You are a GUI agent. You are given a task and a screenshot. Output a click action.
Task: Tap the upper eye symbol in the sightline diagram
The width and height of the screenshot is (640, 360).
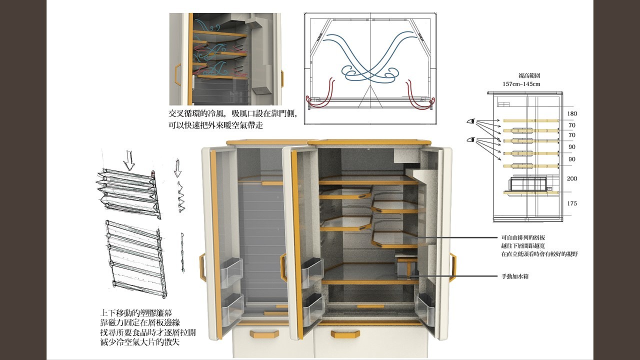pos(470,121)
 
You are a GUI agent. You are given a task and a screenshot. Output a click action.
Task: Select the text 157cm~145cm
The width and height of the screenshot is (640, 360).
pos(521,84)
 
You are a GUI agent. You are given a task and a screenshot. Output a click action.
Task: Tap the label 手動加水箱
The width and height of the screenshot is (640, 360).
pos(515,276)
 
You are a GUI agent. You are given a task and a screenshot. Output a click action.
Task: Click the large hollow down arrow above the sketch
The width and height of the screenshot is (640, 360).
pos(129,160)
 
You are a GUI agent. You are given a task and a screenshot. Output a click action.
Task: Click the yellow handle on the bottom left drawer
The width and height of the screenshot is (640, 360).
pos(263,333)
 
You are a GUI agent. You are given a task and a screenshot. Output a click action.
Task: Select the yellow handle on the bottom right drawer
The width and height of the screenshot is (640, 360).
pos(345,333)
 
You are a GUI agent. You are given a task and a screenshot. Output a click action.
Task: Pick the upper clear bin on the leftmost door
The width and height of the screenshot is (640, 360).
pos(230,273)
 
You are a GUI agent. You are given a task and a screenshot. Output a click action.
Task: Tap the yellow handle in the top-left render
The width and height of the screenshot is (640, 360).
pos(177,73)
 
